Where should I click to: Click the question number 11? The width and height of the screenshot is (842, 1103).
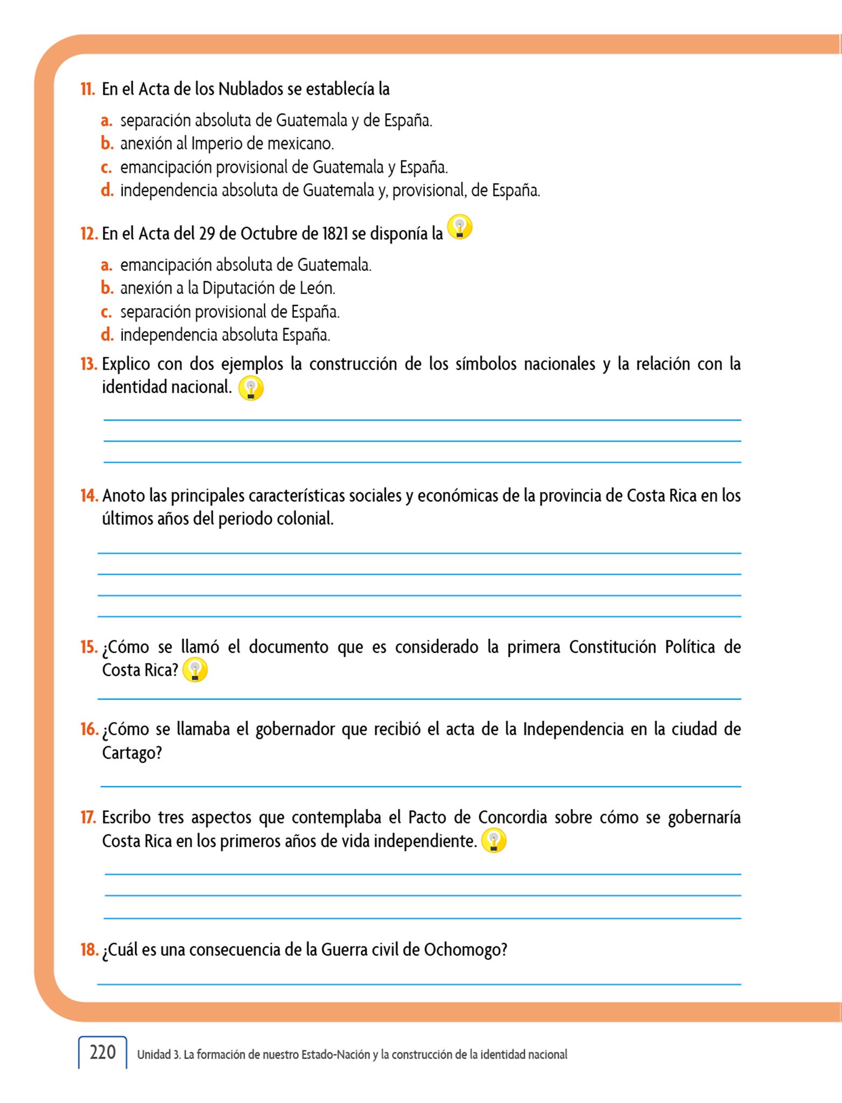(88, 89)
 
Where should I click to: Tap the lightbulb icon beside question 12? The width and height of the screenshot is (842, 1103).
(460, 227)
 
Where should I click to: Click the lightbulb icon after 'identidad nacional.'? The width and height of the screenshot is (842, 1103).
(251, 388)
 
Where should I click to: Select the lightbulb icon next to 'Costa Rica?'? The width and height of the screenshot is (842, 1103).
(195, 670)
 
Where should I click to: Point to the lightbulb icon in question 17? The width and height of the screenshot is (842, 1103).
(494, 841)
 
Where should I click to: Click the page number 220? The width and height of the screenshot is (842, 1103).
(102, 1052)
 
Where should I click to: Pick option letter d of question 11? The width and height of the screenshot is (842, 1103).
(107, 190)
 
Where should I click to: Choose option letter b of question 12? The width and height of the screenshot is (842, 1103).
(107, 288)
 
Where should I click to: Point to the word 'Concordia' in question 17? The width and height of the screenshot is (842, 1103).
(512, 817)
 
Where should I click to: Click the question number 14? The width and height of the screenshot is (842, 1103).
(89, 495)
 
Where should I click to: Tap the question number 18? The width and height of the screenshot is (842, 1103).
(89, 950)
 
